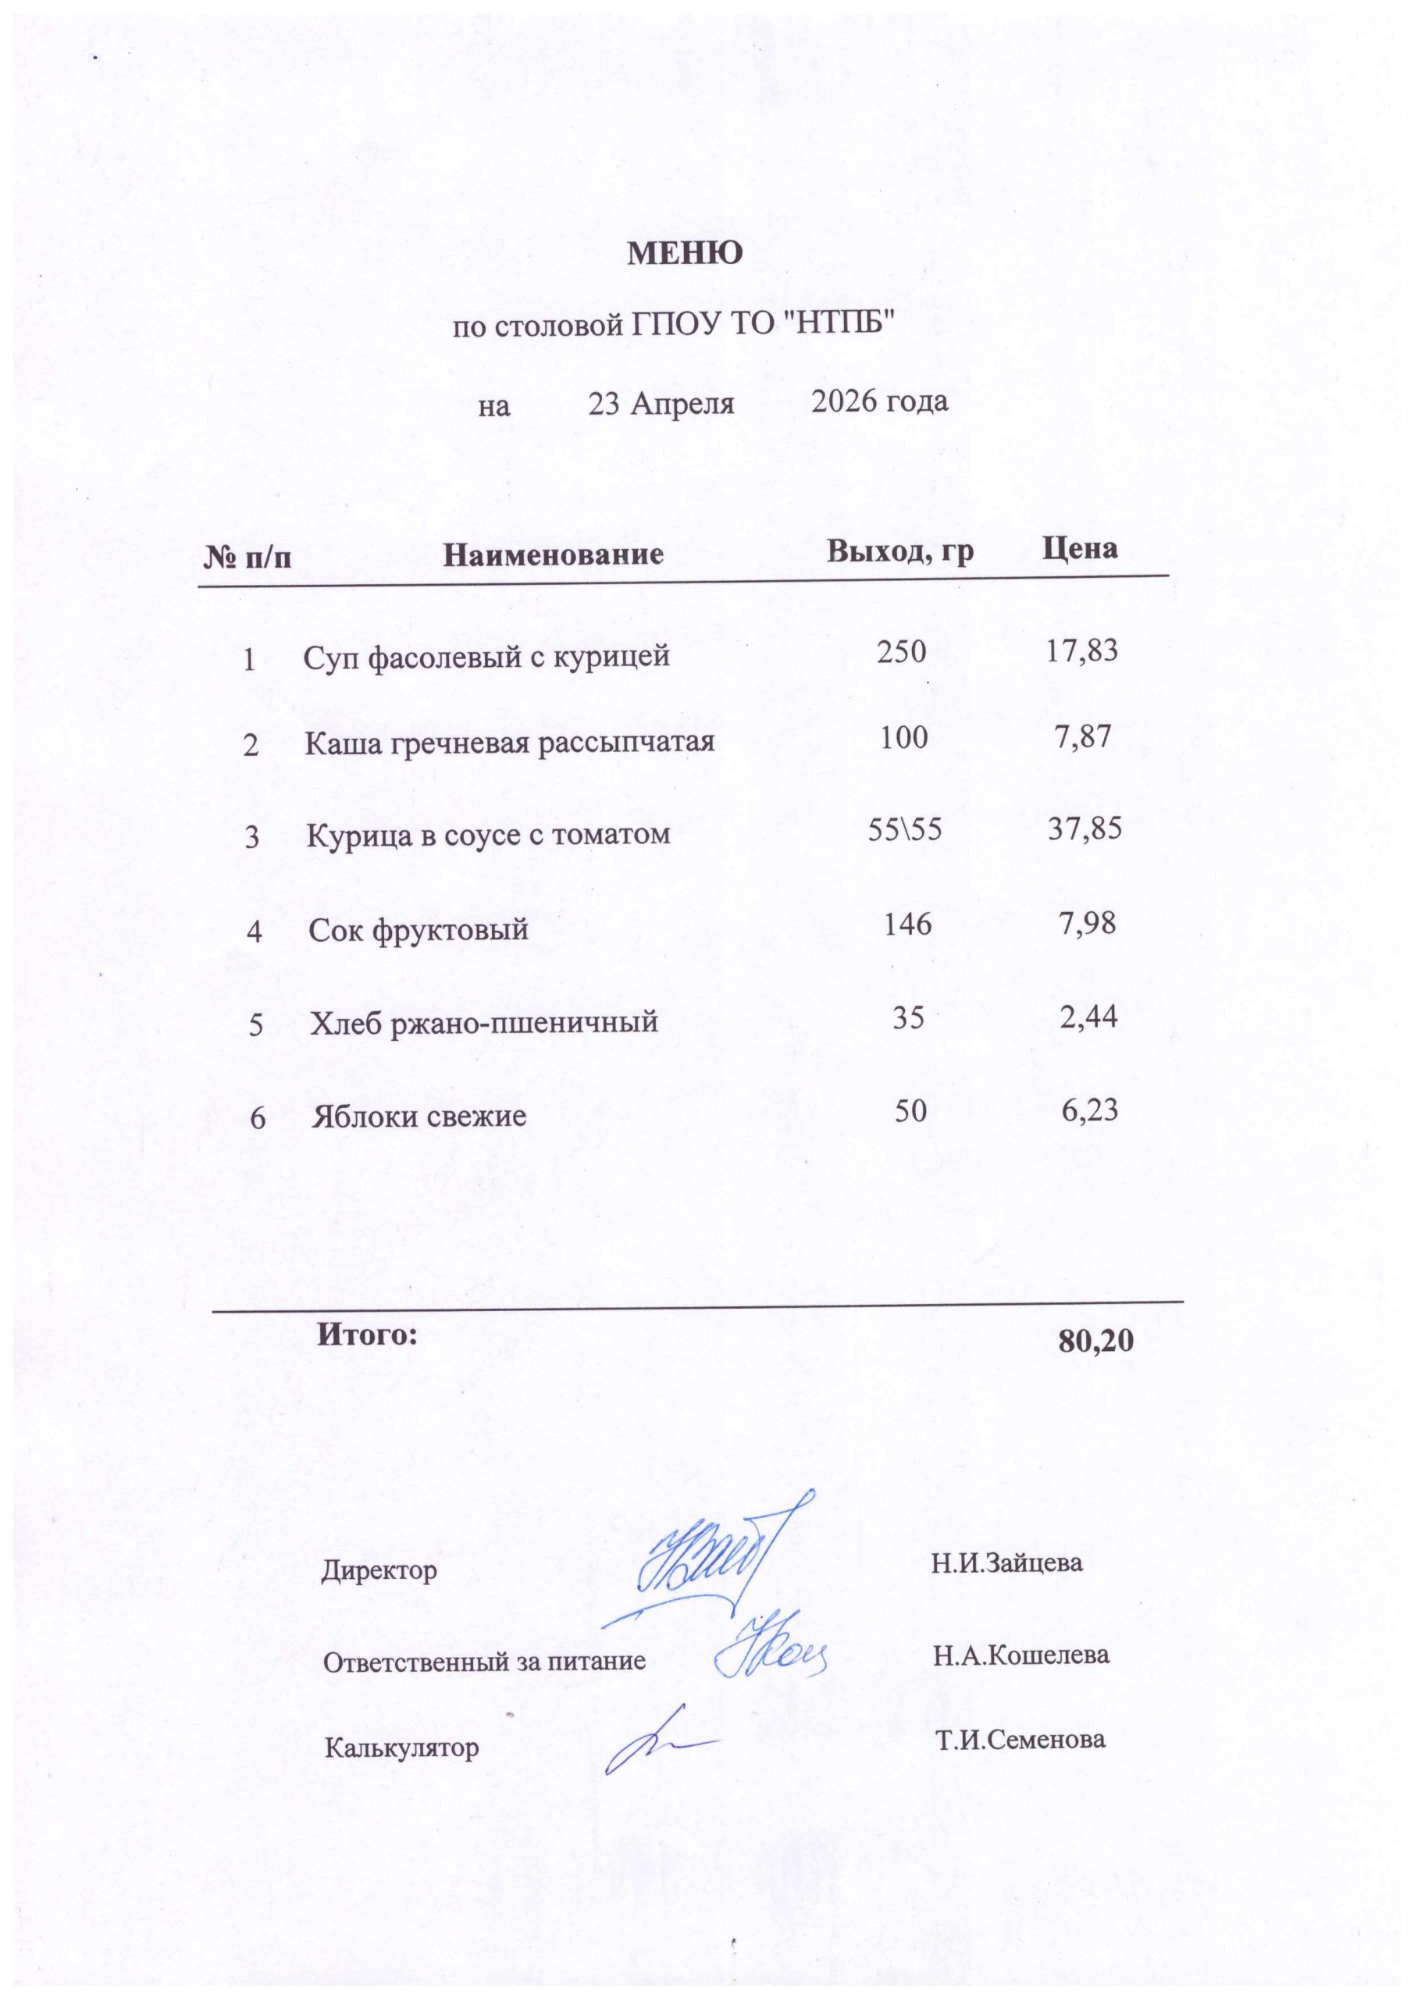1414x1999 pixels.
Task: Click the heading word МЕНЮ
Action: pyautogui.click(x=686, y=253)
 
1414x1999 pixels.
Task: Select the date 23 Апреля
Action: pyautogui.click(x=661, y=404)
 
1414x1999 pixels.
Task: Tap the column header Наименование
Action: pyautogui.click(x=553, y=554)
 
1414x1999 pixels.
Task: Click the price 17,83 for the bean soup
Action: pyautogui.click(x=1081, y=650)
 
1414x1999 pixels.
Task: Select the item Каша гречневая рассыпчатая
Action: pyautogui.click(x=509, y=743)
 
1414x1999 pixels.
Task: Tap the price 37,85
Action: pyautogui.click(x=1084, y=828)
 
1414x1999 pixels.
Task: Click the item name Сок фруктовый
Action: pyautogui.click(x=419, y=930)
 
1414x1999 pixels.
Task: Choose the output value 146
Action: pyautogui.click(x=907, y=924)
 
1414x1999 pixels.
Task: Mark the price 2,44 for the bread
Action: pyautogui.click(x=1088, y=1017)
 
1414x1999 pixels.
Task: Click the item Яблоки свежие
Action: pyautogui.click(x=419, y=1116)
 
